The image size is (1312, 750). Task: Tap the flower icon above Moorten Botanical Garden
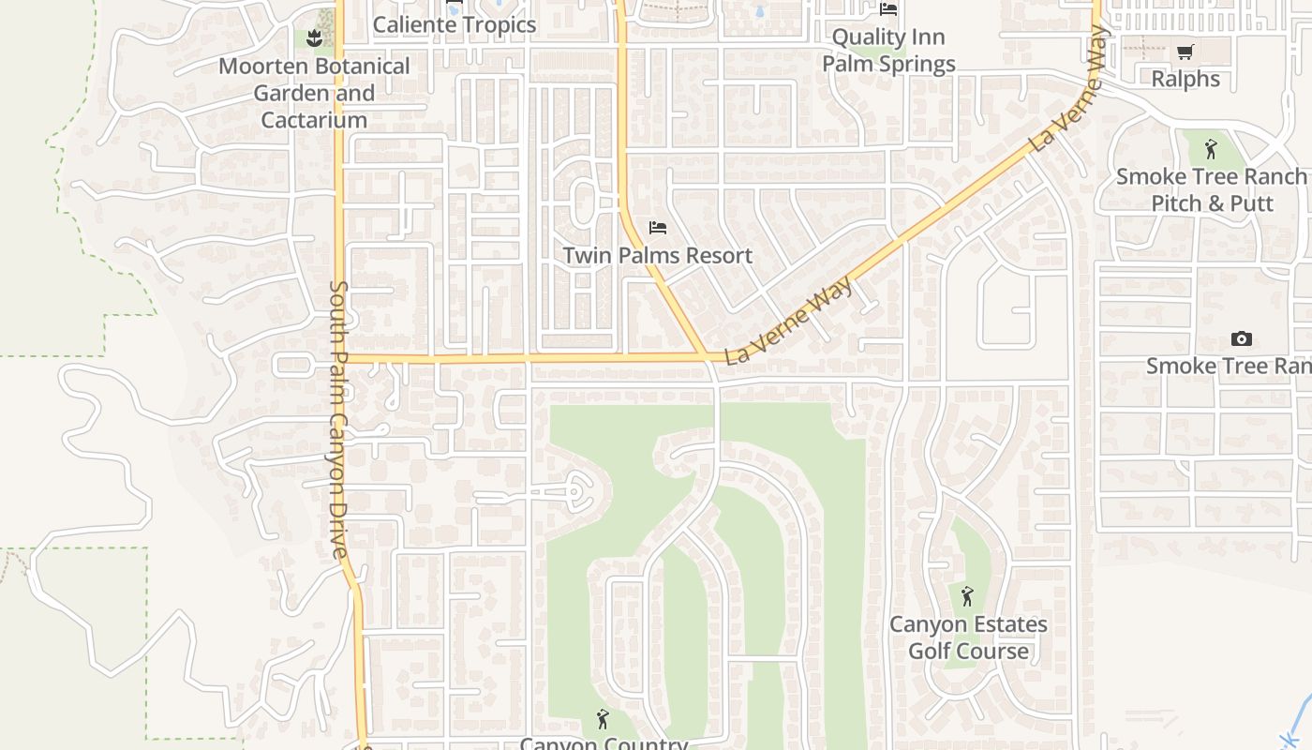coord(314,38)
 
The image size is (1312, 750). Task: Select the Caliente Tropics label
coord(455,24)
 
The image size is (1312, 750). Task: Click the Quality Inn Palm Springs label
coord(888,51)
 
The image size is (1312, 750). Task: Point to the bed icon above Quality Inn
coord(888,9)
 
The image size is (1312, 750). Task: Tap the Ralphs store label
coord(1185,79)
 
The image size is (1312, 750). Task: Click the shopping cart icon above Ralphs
coord(1185,52)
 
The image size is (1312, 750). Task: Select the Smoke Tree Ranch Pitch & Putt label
coord(1211,189)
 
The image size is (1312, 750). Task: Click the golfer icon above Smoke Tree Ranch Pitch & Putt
coord(1211,148)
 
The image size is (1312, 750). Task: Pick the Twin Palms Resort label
coord(657,255)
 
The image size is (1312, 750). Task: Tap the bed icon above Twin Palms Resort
coord(658,228)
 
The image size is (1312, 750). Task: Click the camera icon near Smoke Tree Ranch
coord(1242,338)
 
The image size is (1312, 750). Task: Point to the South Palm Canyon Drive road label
coord(339,419)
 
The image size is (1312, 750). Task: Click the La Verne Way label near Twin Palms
coord(791,320)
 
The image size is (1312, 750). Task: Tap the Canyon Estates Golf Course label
coord(968,637)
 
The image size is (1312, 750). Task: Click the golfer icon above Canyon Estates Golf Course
coord(967,595)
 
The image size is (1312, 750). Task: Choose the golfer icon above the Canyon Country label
coord(603,719)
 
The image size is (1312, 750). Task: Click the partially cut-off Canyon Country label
coord(604,743)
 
